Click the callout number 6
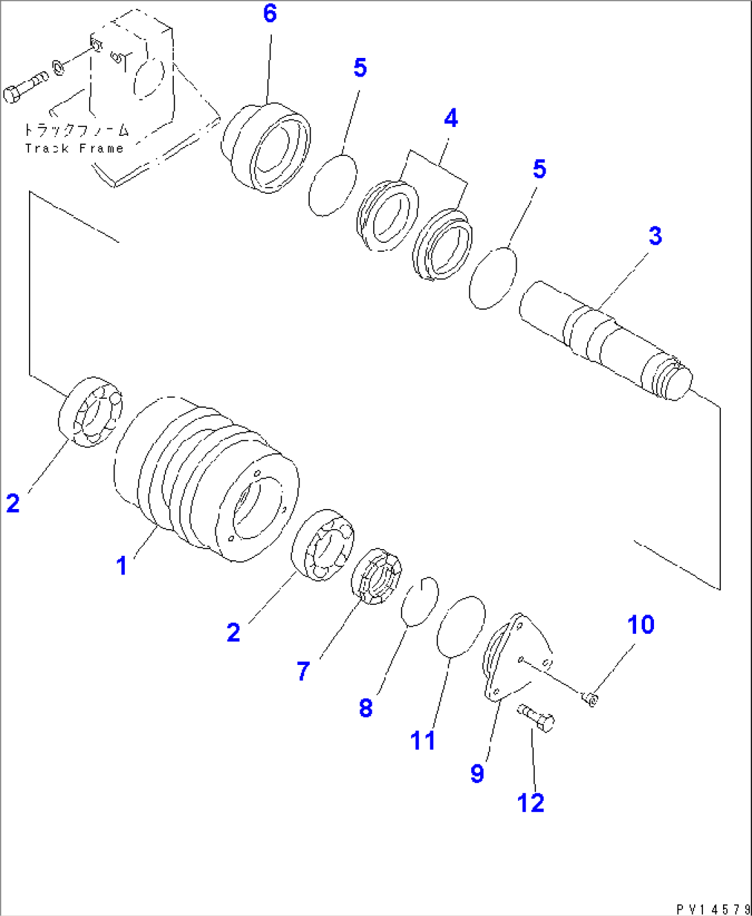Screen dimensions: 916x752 (270, 14)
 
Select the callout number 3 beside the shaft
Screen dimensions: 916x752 (655, 236)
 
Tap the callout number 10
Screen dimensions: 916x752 (640, 625)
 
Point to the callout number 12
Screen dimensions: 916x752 (531, 803)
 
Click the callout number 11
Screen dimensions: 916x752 (423, 741)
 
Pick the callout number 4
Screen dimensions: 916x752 (451, 119)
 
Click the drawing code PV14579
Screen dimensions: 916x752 (713, 910)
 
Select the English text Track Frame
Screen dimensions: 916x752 (74, 148)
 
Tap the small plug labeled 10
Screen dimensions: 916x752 (591, 700)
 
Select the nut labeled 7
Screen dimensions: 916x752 (377, 576)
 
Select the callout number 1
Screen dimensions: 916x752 (121, 566)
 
